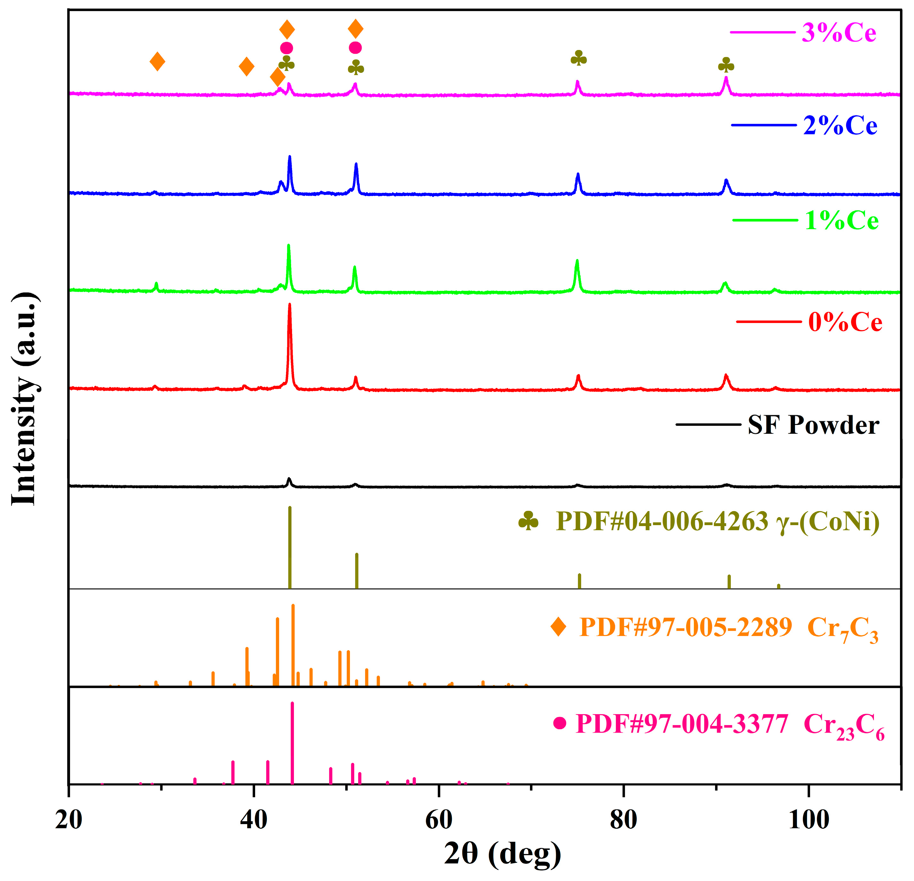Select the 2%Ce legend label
tap(840, 126)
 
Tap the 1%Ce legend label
tap(842, 221)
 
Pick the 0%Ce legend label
tap(845, 322)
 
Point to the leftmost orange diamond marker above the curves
tap(157, 61)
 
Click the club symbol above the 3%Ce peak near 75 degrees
tap(579, 58)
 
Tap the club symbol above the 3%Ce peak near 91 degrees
tap(726, 65)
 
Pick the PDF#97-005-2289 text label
tap(686, 628)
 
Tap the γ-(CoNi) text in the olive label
tap(828, 522)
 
